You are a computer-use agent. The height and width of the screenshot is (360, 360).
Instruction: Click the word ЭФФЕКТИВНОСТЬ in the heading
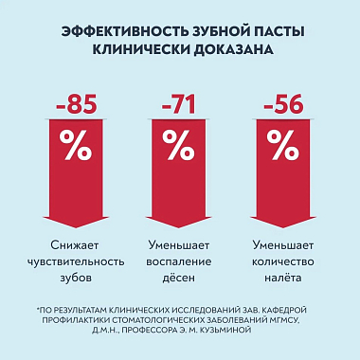(x=116, y=30)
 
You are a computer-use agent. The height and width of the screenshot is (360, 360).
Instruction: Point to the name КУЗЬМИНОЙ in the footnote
(x=241, y=332)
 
